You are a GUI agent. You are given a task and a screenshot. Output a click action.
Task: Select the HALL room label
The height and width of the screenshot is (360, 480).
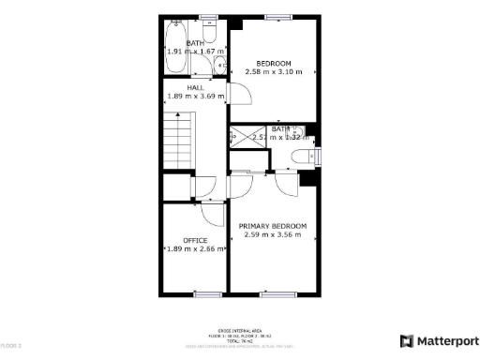point(195,87)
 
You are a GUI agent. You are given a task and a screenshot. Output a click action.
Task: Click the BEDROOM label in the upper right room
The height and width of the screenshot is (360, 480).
point(274,63)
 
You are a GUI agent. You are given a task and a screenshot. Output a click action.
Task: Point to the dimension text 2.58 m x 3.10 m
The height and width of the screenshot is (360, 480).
point(274,71)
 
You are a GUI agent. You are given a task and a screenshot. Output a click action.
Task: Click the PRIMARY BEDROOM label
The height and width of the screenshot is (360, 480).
point(273,226)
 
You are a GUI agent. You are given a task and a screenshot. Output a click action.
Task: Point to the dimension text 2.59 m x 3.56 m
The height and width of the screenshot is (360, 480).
point(273,234)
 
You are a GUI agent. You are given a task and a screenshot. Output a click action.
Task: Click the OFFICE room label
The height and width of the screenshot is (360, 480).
point(195,241)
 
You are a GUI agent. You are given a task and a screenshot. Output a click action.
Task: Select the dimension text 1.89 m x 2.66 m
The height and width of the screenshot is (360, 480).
point(195,249)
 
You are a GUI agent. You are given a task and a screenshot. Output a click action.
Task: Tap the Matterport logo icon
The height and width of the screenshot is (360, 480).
point(406,341)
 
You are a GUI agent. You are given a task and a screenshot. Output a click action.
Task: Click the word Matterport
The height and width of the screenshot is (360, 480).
point(446,341)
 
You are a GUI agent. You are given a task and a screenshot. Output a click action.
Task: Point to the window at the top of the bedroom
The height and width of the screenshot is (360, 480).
point(275,17)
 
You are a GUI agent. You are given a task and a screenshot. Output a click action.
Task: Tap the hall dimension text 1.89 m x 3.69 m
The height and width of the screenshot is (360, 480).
point(195,96)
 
